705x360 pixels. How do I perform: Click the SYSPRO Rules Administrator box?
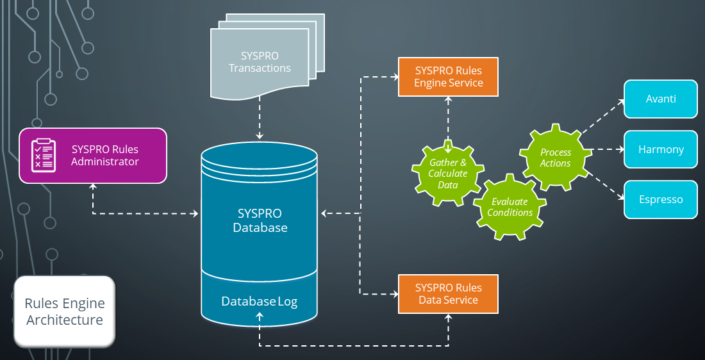[x=93, y=155]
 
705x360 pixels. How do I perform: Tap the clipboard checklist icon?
[x=44, y=155]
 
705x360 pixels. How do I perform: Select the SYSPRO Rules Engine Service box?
[x=448, y=77]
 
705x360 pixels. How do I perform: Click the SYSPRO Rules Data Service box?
[x=448, y=294]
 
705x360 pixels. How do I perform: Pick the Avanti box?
[x=661, y=99]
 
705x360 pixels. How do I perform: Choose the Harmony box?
[x=661, y=149]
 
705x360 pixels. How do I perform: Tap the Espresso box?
[x=661, y=199]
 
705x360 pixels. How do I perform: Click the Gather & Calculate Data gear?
[x=448, y=174]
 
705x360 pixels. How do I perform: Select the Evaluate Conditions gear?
[x=510, y=207]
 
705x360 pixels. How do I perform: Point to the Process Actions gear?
[x=555, y=158]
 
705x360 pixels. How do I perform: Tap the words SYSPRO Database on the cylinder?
[x=260, y=220]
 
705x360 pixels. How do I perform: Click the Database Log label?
[x=260, y=302]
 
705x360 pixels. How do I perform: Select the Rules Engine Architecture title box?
[x=65, y=311]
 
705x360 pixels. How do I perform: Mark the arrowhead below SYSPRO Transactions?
[x=260, y=136]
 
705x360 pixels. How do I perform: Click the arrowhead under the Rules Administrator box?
[x=94, y=186]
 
